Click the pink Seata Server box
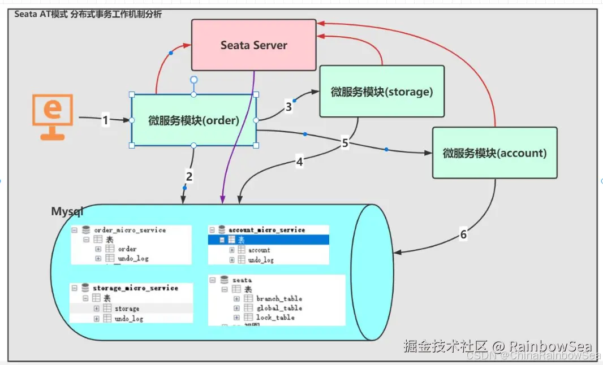pyautogui.click(x=253, y=45)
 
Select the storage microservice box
pyautogui.click(x=382, y=92)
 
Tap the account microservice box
pyautogui.click(x=494, y=153)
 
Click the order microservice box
pyautogui.click(x=193, y=120)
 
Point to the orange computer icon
pyautogui.click(x=52, y=116)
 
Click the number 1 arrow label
pyautogui.click(x=105, y=120)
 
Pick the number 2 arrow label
pyautogui.click(x=189, y=176)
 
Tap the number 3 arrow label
pyautogui.click(x=289, y=107)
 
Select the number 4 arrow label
pyautogui.click(x=300, y=162)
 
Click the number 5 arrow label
pyautogui.click(x=345, y=143)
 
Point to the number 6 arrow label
pyautogui.click(x=463, y=234)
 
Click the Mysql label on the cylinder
pyautogui.click(x=67, y=212)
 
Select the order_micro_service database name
pyautogui.click(x=130, y=230)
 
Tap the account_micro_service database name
pyautogui.click(x=266, y=230)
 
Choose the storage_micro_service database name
pyautogui.click(x=135, y=288)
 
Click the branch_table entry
pyautogui.click(x=279, y=298)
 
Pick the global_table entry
pyautogui.click(x=279, y=308)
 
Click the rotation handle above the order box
pyautogui.click(x=194, y=80)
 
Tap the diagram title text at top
pyautogui.click(x=88, y=14)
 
